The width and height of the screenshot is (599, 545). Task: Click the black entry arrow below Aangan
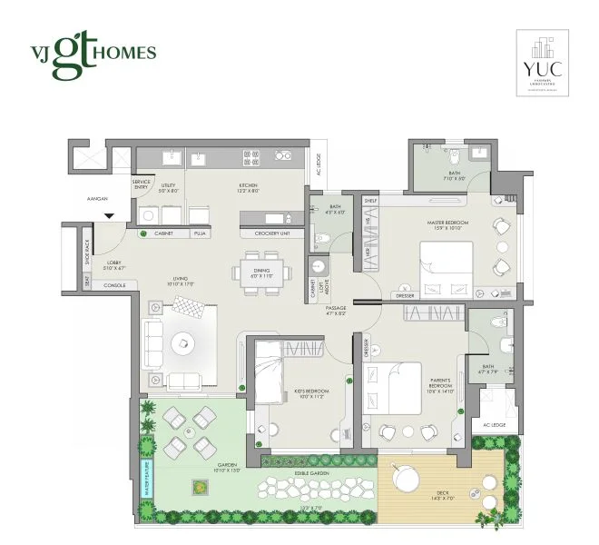pos(109,215)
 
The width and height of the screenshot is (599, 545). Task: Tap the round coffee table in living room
pos(184,342)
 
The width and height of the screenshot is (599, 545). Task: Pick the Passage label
pos(335,311)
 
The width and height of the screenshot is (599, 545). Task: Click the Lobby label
pos(114,265)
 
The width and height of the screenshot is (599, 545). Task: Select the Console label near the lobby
pos(113,285)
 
